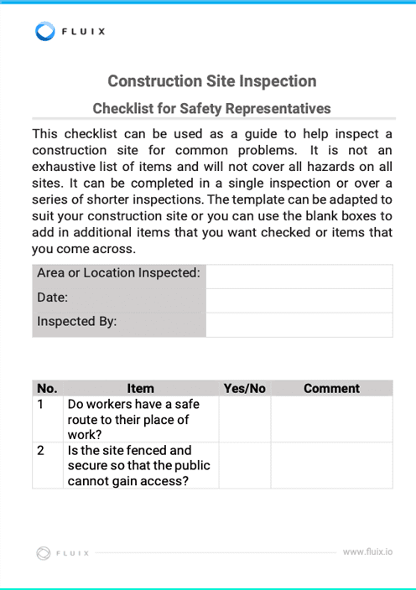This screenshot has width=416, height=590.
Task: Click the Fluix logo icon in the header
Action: (x=45, y=32)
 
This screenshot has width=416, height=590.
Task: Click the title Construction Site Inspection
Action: (x=212, y=81)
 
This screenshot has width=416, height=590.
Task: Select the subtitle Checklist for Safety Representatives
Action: (x=211, y=108)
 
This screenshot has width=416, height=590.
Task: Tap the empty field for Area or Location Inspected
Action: (x=299, y=277)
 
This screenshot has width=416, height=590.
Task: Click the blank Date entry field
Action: (x=299, y=300)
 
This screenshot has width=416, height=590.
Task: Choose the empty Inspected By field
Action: (x=299, y=324)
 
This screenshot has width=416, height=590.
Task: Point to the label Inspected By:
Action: (x=77, y=321)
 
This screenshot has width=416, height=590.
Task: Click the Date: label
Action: (x=52, y=298)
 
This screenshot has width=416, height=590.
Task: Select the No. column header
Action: (x=48, y=388)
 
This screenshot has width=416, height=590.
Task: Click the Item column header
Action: (x=140, y=388)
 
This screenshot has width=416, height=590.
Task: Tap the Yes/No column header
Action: (x=244, y=388)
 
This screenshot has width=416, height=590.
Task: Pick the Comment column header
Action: (x=331, y=388)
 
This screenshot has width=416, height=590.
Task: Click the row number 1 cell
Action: (x=48, y=419)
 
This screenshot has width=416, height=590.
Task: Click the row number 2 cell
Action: (x=48, y=465)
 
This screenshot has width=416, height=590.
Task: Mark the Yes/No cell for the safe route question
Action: (x=244, y=419)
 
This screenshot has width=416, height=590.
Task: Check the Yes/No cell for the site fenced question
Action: (x=244, y=465)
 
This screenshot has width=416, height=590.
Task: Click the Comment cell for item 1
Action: (x=331, y=419)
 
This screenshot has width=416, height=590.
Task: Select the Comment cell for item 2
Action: (x=331, y=465)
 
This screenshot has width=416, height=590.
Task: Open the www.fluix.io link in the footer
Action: (x=367, y=552)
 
